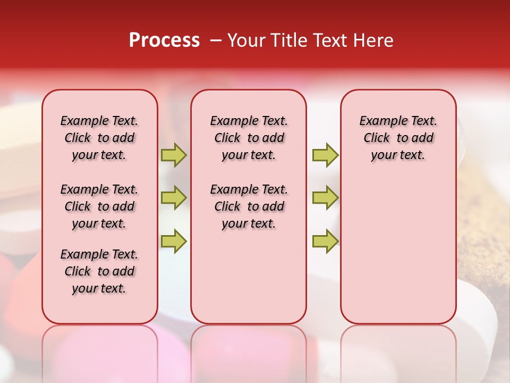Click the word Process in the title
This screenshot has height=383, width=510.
click(x=164, y=40)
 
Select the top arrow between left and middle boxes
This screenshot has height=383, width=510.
click(x=174, y=155)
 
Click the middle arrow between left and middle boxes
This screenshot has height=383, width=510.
click(x=174, y=198)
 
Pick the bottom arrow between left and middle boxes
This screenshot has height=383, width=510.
click(x=174, y=241)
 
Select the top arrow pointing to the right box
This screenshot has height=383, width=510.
click(x=325, y=155)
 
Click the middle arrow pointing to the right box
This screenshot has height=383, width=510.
click(x=325, y=198)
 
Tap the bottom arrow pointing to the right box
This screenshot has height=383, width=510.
click(x=325, y=241)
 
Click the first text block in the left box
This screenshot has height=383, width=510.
click(x=99, y=138)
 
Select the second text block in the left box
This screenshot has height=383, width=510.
click(x=99, y=206)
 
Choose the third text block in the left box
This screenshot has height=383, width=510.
click(x=99, y=271)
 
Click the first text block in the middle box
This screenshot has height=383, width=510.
click(x=249, y=138)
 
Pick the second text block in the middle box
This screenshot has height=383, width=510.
click(x=249, y=206)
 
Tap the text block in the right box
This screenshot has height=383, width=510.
click(x=398, y=138)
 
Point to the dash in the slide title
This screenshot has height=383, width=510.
click(x=216, y=40)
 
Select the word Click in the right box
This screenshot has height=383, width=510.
click(x=377, y=138)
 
